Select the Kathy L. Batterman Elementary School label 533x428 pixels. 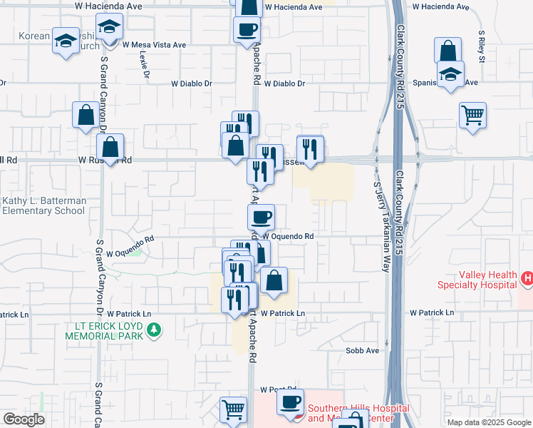pos(44,206)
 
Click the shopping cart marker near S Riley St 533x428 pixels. pos(473,116)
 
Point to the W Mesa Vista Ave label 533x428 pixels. pos(154,44)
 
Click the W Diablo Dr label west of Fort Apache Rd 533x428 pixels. pos(192,83)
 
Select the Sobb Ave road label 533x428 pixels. pos(362,351)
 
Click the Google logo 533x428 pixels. pos(24,419)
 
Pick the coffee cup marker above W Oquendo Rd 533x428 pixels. pos(261,216)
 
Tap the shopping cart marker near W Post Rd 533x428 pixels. pos(233,410)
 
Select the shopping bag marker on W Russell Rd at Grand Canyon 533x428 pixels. pos(110,148)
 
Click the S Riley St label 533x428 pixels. pos(482,46)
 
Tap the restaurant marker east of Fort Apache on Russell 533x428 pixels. pos(310,148)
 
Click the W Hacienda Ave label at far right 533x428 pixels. pos(440,6)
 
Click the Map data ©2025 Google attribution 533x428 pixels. pos(488,422)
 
